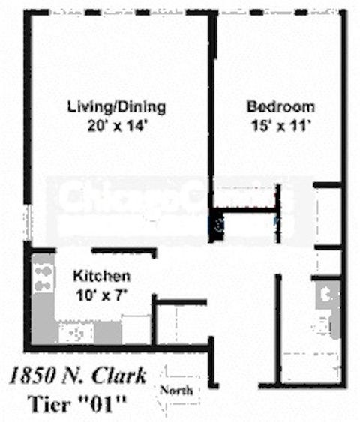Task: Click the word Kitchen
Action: click(x=102, y=276)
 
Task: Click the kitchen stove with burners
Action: click(x=43, y=275)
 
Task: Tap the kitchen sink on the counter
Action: click(x=76, y=332)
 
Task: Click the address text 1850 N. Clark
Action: click(x=78, y=375)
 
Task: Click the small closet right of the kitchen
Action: click(x=180, y=323)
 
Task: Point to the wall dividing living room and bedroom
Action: click(x=211, y=112)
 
